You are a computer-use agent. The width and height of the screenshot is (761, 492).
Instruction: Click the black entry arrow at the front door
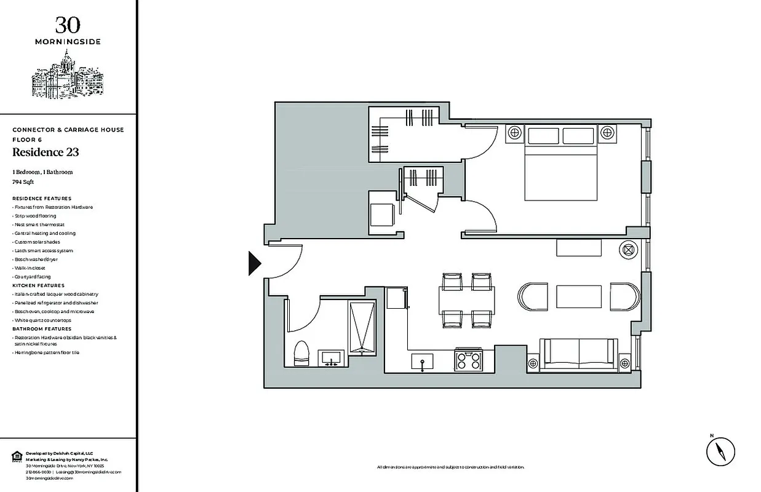click(x=254, y=263)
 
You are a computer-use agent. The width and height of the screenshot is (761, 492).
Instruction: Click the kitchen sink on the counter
click(x=423, y=361)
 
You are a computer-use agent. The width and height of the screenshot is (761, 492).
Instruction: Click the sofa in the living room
click(x=578, y=355)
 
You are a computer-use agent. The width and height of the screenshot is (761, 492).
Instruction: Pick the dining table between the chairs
click(x=467, y=300)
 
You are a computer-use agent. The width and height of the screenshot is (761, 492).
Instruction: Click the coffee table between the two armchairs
click(x=578, y=296)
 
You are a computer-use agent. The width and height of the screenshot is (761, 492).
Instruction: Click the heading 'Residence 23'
click(x=46, y=153)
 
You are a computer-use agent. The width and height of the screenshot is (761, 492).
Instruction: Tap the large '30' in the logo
click(x=68, y=25)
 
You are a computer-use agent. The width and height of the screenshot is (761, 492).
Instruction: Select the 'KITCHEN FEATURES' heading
click(x=38, y=286)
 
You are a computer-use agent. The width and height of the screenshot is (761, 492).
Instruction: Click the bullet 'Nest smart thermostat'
click(x=39, y=225)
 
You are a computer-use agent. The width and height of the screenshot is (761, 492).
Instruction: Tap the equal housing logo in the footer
click(x=17, y=456)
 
